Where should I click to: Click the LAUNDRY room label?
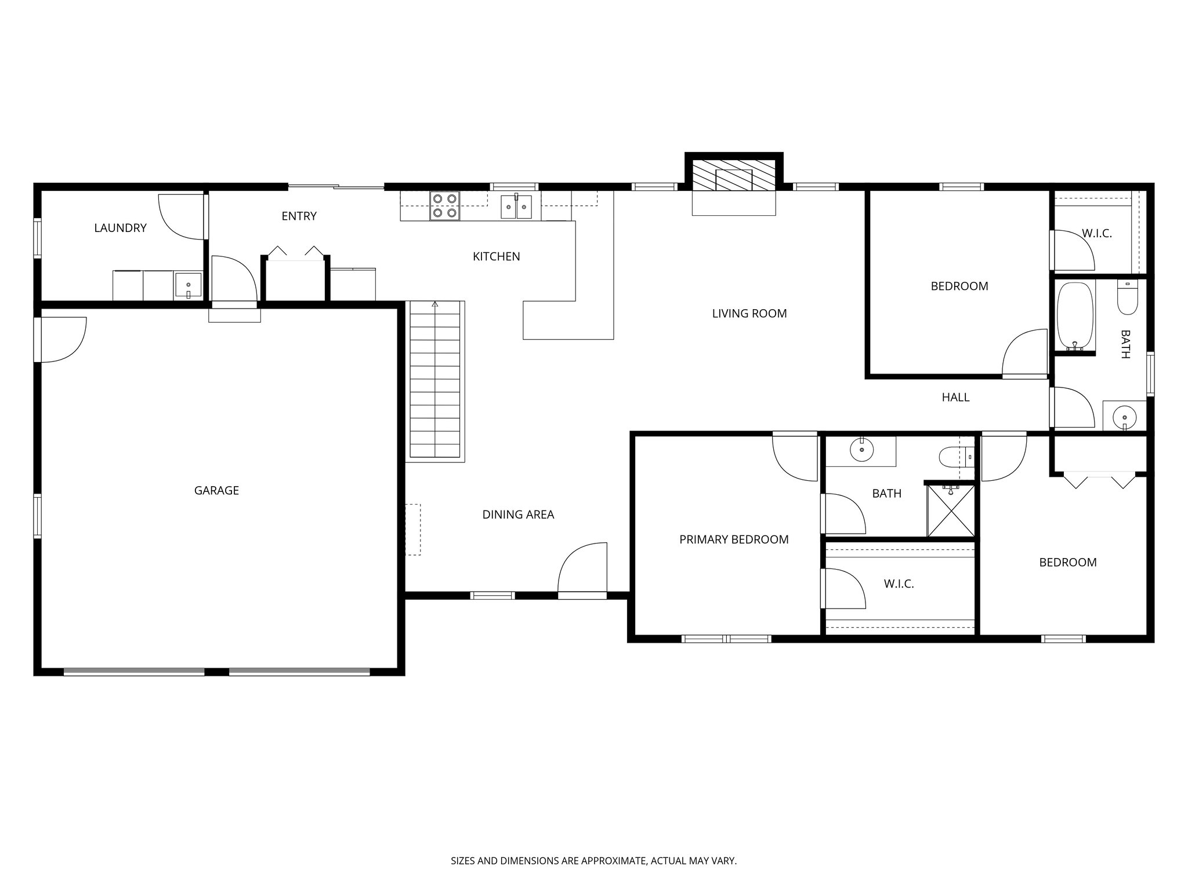(120, 228)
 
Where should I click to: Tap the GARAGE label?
(216, 491)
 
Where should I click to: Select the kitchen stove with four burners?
(444, 206)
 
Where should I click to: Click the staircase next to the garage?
(435, 381)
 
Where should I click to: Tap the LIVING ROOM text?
(749, 314)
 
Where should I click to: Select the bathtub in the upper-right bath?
(1075, 317)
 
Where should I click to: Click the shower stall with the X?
(951, 510)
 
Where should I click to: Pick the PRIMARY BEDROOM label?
(734, 539)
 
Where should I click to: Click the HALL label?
(955, 397)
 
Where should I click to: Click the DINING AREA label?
(518, 515)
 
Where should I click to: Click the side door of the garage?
(61, 339)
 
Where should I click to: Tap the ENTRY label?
(299, 216)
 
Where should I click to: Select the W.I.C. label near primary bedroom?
(899, 584)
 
